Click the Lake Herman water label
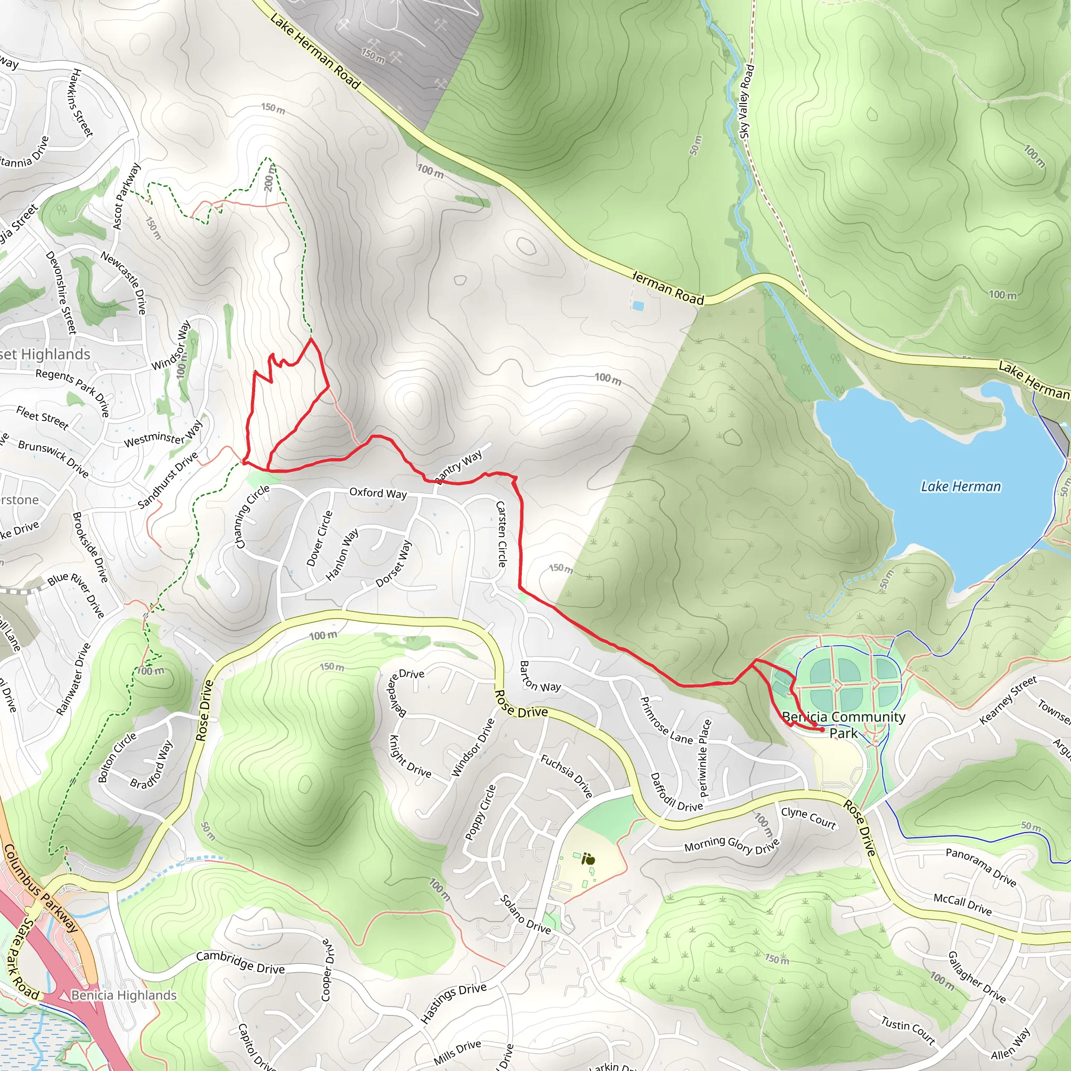(x=961, y=487)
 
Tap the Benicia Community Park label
(x=844, y=724)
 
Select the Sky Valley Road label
(x=747, y=101)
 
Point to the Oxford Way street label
(x=378, y=493)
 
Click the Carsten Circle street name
(x=501, y=534)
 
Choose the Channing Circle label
(x=252, y=516)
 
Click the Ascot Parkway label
(x=127, y=196)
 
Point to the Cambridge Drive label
(x=240, y=962)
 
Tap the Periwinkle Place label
(x=704, y=758)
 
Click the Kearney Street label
(x=1007, y=700)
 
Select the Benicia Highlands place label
(x=123, y=995)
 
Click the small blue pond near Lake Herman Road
(x=638, y=305)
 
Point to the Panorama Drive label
(x=981, y=867)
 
